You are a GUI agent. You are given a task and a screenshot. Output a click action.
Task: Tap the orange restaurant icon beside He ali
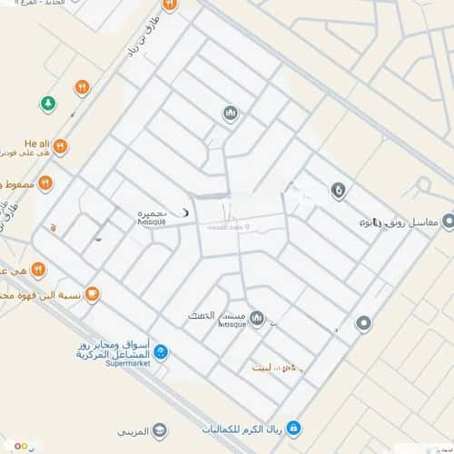pyautogui.click(x=60, y=145)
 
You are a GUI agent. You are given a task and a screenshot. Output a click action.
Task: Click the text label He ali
pyautogui.click(x=35, y=143)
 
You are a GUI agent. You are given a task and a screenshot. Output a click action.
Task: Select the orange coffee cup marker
pyautogui.click(x=92, y=294)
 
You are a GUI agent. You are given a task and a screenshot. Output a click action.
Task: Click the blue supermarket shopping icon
pyautogui.click(x=161, y=351)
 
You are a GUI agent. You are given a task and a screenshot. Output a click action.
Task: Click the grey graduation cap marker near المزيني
pyautogui.click(x=160, y=429)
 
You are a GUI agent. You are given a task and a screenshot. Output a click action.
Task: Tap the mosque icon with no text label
pyautogui.click(x=230, y=113)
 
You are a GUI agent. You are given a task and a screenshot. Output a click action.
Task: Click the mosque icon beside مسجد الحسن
pyautogui.click(x=256, y=319)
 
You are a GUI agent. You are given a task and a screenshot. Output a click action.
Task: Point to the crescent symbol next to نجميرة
pyautogui.click(x=187, y=212)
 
